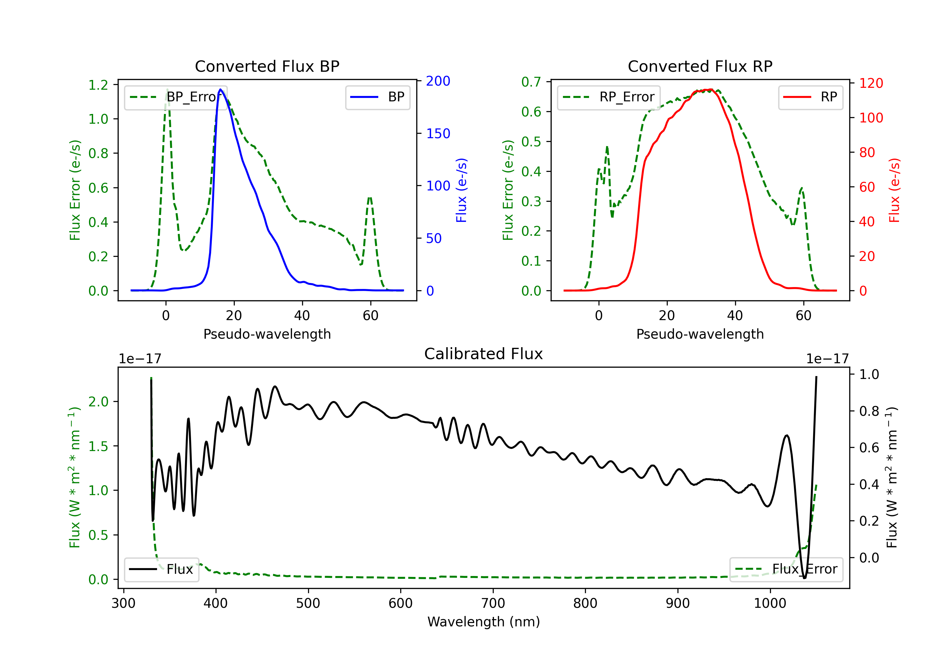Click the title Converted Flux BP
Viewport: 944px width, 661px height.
click(x=267, y=66)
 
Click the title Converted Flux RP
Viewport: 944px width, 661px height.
click(x=700, y=66)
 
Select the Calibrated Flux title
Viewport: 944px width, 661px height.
click(x=484, y=354)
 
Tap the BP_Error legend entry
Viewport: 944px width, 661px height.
click(x=176, y=97)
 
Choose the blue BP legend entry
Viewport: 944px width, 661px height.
click(x=377, y=97)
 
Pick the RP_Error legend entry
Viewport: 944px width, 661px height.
click(x=609, y=97)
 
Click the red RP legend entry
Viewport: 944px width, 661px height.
click(x=810, y=97)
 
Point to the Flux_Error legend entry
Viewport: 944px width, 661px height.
click(x=786, y=569)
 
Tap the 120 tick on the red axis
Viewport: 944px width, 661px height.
click(x=871, y=83)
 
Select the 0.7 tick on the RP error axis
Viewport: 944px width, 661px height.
click(x=531, y=82)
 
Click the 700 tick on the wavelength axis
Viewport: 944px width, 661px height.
click(x=493, y=603)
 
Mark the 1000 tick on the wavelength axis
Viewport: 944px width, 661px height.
click(x=770, y=603)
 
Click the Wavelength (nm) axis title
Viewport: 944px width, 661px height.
click(x=484, y=622)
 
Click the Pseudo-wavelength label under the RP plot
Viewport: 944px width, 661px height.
click(x=700, y=334)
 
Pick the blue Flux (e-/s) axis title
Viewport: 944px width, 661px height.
click(x=461, y=190)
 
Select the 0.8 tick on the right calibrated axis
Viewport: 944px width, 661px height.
click(x=869, y=411)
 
